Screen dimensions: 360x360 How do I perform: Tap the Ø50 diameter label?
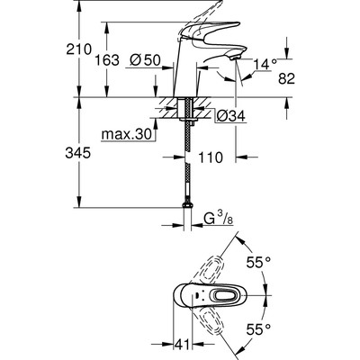click(145, 60)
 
